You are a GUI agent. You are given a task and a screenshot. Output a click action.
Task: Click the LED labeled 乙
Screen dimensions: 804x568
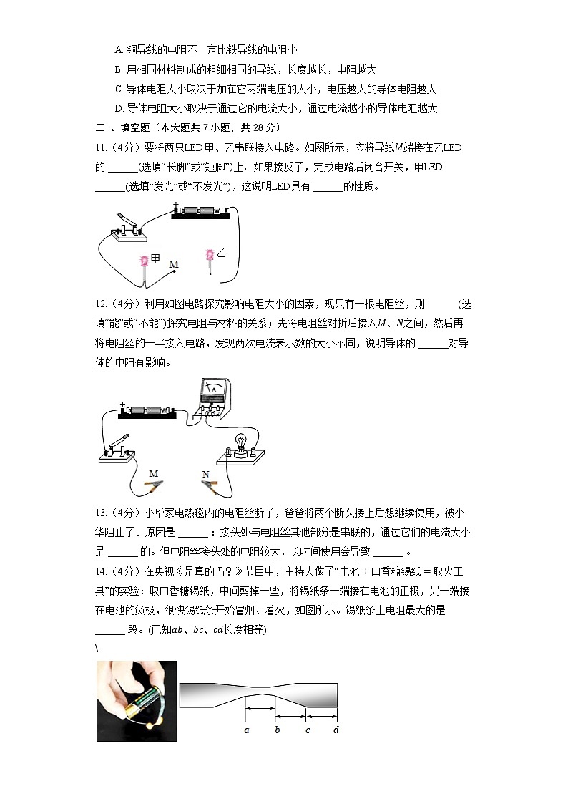(x=210, y=256)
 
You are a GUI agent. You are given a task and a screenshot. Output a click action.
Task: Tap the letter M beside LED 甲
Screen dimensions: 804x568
(x=173, y=264)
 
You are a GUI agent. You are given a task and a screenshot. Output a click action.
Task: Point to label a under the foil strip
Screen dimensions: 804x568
(x=246, y=730)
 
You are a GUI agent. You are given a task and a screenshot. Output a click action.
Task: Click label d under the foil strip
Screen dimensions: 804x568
(x=336, y=730)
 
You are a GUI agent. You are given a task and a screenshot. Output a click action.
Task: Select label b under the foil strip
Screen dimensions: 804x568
(x=277, y=730)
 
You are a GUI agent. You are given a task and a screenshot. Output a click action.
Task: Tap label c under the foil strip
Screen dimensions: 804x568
(x=308, y=730)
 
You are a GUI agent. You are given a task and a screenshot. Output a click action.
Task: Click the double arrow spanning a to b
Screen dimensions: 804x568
(x=261, y=709)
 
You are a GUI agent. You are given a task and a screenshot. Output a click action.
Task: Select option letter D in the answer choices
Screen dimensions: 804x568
(x=119, y=109)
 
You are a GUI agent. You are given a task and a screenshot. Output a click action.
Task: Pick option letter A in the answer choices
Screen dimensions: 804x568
(x=119, y=49)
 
